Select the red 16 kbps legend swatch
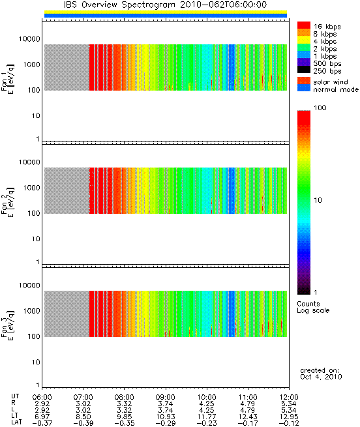click(304, 25)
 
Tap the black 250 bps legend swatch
click(304, 70)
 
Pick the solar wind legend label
click(331, 82)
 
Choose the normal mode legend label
click(336, 89)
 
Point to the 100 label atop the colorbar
click(320, 108)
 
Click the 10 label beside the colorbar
click(318, 200)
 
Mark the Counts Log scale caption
click(313, 307)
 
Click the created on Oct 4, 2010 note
click(321, 374)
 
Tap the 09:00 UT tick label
click(166, 397)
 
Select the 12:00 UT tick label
click(289, 397)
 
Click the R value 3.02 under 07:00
click(83, 404)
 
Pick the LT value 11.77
click(207, 417)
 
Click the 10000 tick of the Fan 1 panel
click(29, 39)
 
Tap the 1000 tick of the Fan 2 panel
click(31, 188)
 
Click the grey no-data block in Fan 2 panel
click(67, 190)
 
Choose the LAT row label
click(16, 423)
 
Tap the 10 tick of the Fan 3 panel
click(36, 362)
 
